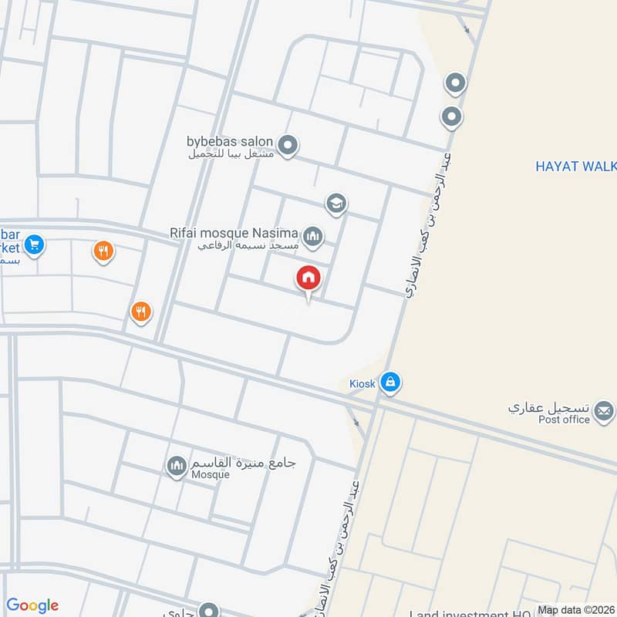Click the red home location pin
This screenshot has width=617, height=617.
308,278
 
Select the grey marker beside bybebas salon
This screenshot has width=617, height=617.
288,145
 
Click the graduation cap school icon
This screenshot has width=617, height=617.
335,204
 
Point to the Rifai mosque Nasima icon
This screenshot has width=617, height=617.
312,236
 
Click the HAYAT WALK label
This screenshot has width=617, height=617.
575,165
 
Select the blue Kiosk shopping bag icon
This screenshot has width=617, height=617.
390,382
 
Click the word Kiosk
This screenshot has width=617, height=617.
360,383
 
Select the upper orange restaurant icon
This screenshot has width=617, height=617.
103,251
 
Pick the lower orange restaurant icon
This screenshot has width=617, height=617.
140,312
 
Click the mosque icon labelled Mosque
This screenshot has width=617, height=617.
177,465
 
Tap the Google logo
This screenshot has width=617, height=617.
32,605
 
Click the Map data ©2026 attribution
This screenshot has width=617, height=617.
575,609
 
